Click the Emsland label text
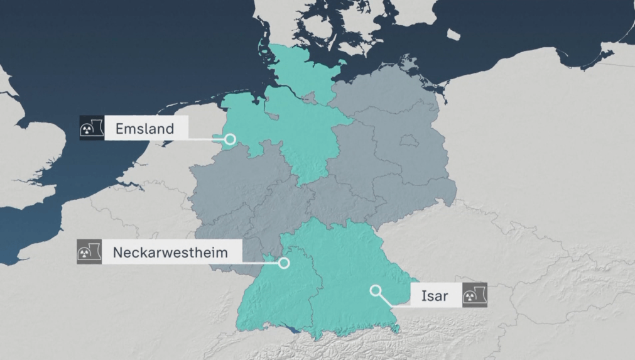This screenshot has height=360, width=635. point(144,130)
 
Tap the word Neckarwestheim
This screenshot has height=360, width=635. point(170,253)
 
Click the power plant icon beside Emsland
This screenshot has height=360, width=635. point(92,128)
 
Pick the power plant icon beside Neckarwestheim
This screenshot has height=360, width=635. point(89,251)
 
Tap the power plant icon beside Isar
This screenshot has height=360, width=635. point(474,295)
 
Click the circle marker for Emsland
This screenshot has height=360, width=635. point(231,139)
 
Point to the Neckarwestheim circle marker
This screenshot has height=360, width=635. point(284,263)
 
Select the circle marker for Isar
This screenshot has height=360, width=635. point(376,290)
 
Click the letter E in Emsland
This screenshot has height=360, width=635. point(119,130)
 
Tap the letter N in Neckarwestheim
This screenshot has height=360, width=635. point(117,253)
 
